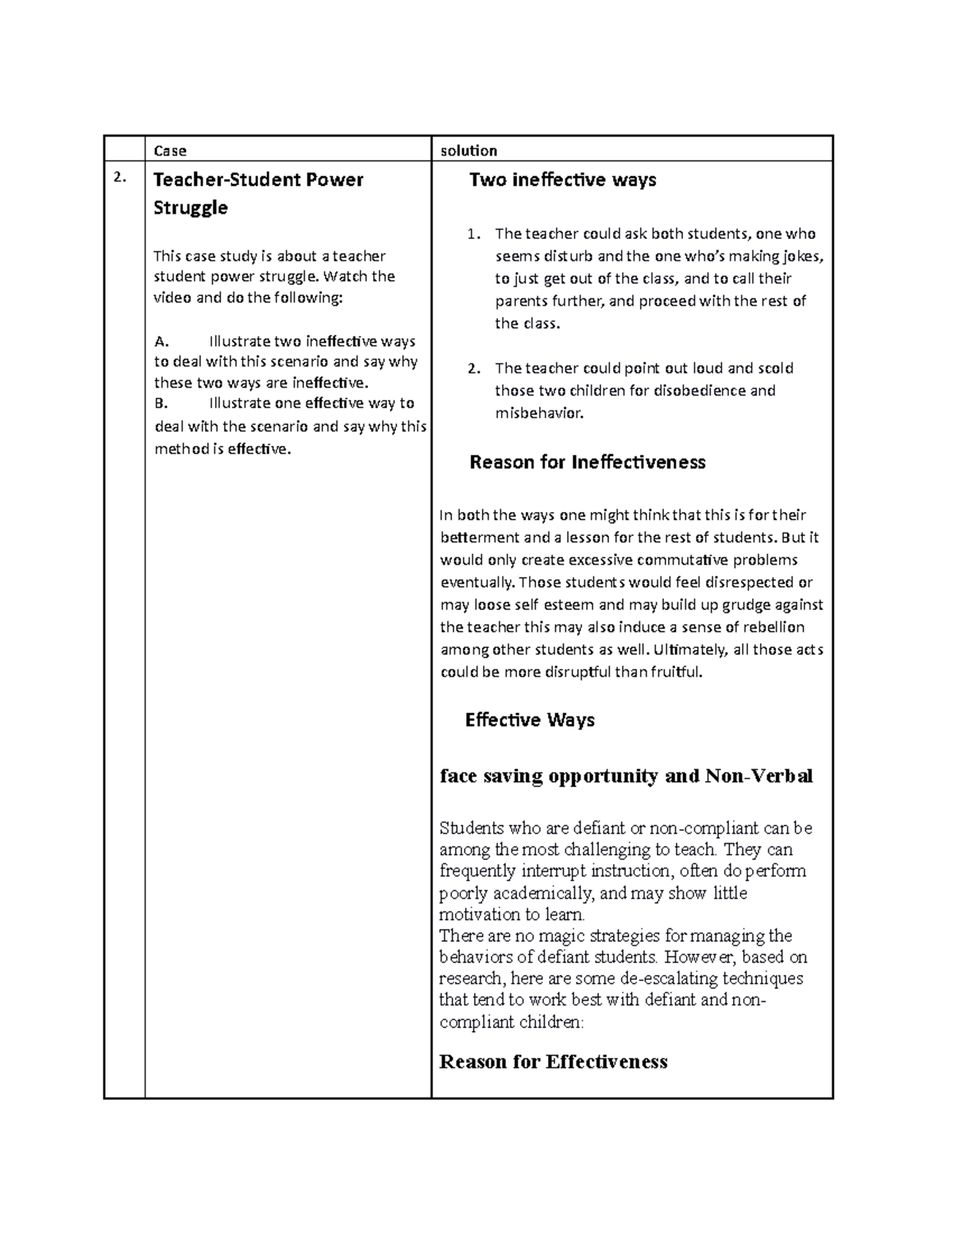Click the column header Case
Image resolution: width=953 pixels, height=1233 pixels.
(x=170, y=151)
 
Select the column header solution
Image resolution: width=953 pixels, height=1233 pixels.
(x=469, y=151)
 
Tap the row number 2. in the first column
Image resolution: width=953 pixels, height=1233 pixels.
(x=119, y=178)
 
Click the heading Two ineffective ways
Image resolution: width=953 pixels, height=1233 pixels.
(x=562, y=180)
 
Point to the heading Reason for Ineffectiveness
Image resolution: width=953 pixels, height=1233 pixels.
(x=587, y=462)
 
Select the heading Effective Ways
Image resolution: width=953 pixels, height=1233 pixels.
(x=530, y=720)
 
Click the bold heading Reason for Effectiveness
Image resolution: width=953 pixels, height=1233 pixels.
(x=553, y=1062)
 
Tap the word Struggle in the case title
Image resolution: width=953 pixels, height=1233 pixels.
(x=191, y=208)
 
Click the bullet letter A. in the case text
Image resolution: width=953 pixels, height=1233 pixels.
(x=162, y=342)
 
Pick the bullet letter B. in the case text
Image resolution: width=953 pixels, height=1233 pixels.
(x=161, y=403)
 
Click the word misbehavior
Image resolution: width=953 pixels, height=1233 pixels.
(x=538, y=413)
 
